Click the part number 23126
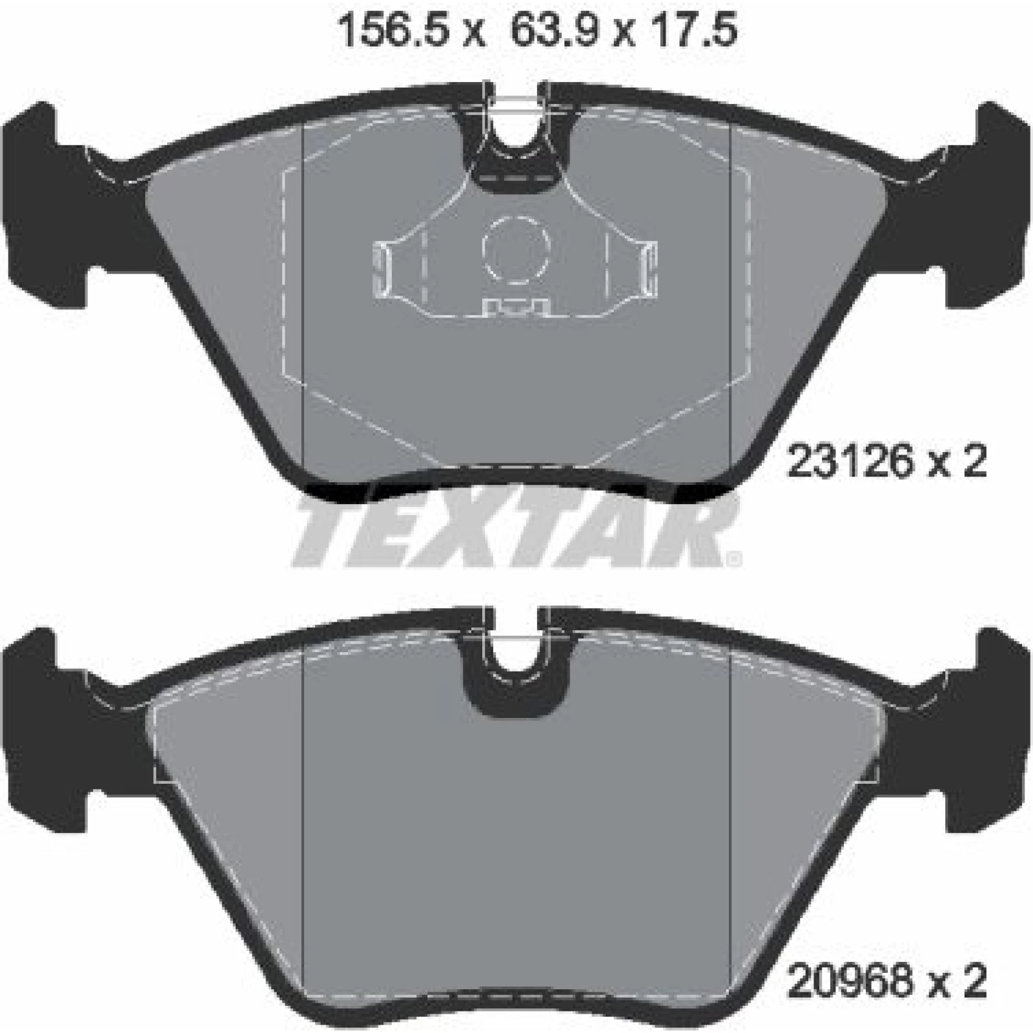(850, 462)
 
